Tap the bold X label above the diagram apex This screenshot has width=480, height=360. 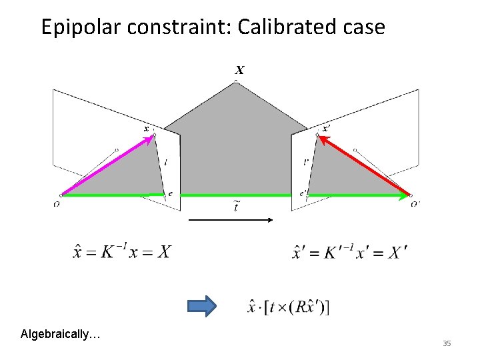pyautogui.click(x=239, y=69)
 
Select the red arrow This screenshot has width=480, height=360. pyautogui.click(x=364, y=167)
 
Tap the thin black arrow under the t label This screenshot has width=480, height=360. pyautogui.click(x=230, y=219)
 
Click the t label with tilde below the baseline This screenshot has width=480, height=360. pyautogui.click(x=237, y=207)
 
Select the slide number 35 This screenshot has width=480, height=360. pyautogui.click(x=447, y=343)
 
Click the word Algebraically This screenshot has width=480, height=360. pyautogui.click(x=59, y=333)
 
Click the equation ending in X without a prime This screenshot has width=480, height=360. pyautogui.click(x=121, y=252)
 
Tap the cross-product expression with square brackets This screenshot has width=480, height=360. pyautogui.click(x=289, y=307)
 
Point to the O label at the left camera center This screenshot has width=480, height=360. pyautogui.click(x=57, y=203)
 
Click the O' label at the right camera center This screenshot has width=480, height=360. pyautogui.click(x=416, y=203)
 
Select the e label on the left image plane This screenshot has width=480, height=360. pyautogui.click(x=171, y=194)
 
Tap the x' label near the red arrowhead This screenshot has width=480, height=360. pyautogui.click(x=326, y=127)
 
